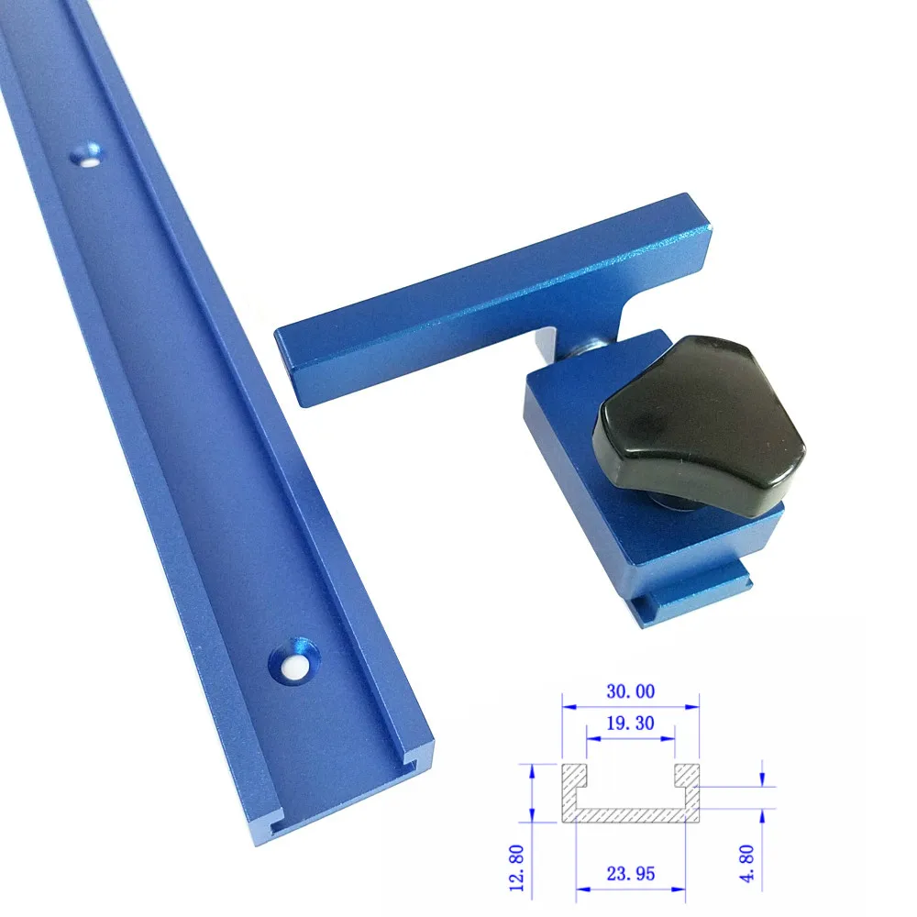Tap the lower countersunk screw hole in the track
[293, 663]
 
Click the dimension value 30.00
[630, 694]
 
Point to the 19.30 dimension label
[630, 723]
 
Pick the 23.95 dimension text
[630, 874]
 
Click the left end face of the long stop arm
[292, 361]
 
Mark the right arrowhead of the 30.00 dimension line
[694, 707]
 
